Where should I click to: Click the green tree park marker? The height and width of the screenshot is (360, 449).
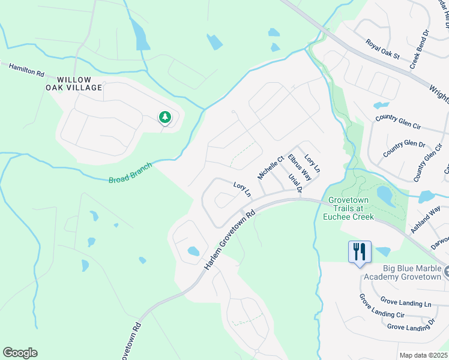[x=164, y=118]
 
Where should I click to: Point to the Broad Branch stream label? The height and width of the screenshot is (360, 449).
[x=130, y=172]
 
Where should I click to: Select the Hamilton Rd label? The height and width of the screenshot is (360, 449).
[x=26, y=69]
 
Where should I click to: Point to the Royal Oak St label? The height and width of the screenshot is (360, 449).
[x=383, y=49]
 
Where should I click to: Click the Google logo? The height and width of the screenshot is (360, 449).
[x=20, y=353]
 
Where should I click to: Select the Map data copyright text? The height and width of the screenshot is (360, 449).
[x=423, y=355]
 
